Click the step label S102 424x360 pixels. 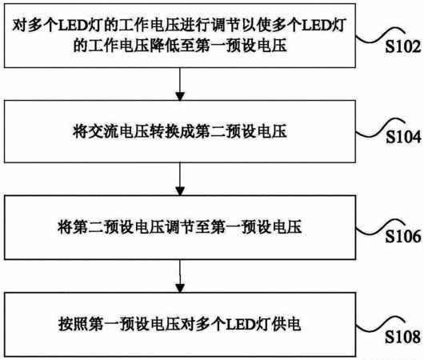tap(403, 46)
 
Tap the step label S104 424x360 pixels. tap(403, 137)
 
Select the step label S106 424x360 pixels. tap(403, 236)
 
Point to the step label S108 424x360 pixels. tap(403, 337)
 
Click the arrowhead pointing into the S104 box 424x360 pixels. tap(180, 97)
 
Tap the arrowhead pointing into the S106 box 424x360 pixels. tap(180, 191)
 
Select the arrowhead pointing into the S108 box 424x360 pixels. tap(180, 288)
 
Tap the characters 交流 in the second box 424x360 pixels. tap(103, 132)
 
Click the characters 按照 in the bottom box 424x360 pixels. tap(74, 324)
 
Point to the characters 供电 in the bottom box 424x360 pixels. tap(286, 324)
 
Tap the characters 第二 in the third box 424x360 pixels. tap(89, 226)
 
